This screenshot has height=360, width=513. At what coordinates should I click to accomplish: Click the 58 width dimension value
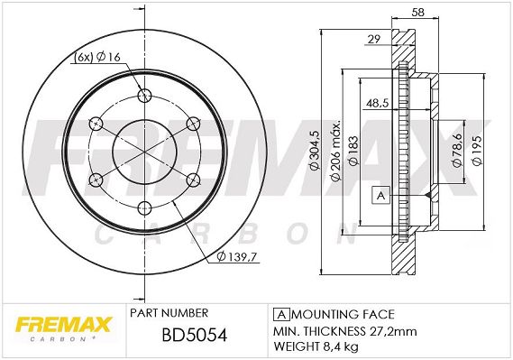coord(418,12)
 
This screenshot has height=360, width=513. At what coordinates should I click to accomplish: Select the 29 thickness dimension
coord(374,40)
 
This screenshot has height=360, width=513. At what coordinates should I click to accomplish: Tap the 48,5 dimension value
coord(377,104)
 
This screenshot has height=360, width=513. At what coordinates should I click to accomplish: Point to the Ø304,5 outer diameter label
coord(315,150)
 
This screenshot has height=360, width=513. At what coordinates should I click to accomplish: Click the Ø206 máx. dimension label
coord(336,150)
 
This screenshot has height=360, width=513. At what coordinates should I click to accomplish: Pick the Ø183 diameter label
coord(353,150)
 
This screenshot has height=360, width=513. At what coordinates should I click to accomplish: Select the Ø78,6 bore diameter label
coord(457,150)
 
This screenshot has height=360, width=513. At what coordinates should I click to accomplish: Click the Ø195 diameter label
coord(477,151)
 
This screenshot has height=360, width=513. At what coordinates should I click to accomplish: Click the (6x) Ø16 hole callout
coord(97,57)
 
